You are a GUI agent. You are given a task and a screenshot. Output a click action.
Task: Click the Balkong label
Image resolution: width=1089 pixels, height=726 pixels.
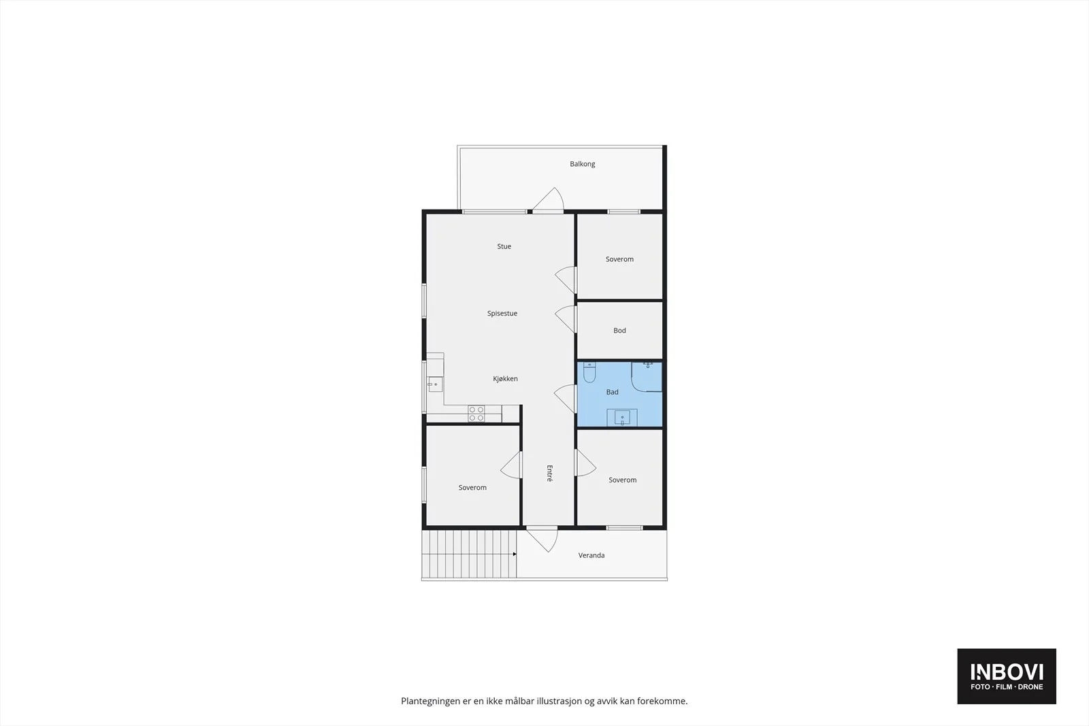tap(583, 164)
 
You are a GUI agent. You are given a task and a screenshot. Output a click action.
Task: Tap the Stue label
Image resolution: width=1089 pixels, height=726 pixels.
tap(504, 246)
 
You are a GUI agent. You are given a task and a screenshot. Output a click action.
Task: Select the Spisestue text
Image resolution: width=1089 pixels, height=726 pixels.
tap(502, 314)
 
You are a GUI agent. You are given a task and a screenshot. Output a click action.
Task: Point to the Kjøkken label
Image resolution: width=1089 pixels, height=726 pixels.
tap(505, 378)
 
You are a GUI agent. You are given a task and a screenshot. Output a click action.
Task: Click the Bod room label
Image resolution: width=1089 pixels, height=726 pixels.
tap(619, 331)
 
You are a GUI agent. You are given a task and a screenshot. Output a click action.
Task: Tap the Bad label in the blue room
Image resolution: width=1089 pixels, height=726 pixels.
tap(612, 392)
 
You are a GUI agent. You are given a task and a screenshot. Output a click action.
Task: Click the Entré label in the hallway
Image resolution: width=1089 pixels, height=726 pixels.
tap(550, 474)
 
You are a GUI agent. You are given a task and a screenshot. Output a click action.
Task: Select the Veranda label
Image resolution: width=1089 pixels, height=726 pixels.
tap(591, 555)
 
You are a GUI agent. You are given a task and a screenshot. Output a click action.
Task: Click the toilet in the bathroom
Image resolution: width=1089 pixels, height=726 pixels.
tap(589, 372)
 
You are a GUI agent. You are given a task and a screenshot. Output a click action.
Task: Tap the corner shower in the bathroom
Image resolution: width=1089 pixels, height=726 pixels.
tap(647, 376)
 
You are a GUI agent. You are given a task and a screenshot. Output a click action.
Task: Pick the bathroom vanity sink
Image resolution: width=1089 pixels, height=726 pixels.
tap(622, 417)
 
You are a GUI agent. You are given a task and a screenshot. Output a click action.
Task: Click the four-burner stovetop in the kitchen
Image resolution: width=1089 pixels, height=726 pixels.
tap(476, 414)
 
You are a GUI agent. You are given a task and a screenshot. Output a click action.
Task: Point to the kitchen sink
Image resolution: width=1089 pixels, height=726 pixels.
tap(435, 384)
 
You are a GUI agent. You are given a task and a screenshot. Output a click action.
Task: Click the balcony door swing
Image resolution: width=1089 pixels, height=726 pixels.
tap(548, 200)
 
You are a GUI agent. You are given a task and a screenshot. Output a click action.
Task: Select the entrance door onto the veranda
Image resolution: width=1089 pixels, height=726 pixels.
tap(542, 540)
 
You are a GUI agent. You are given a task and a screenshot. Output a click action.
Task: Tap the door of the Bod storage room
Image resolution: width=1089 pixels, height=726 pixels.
tap(566, 319)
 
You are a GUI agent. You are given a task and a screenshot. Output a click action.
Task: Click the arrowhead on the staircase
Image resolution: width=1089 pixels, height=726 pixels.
tap(515, 554)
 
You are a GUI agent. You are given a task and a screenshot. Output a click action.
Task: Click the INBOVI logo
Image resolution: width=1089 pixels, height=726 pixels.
tap(1007, 676)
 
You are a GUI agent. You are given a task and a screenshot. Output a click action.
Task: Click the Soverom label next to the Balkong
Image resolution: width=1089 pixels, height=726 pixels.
tap(619, 259)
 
